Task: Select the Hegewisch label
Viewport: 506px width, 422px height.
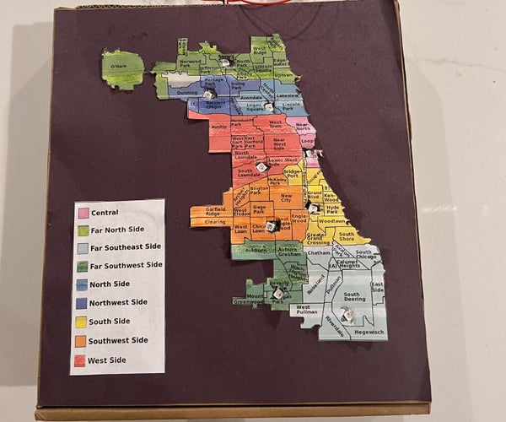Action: (x=369, y=332)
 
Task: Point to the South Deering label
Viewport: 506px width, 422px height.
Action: (x=354, y=296)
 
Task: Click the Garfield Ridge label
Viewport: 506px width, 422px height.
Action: (x=215, y=211)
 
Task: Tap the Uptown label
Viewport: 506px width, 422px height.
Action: (x=284, y=74)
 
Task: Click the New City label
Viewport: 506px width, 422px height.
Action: (x=285, y=197)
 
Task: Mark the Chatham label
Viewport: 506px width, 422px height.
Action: (x=318, y=252)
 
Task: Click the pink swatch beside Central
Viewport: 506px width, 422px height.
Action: (x=83, y=212)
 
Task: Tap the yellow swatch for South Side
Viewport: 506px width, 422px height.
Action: (x=83, y=322)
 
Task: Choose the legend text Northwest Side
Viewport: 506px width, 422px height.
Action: (x=119, y=303)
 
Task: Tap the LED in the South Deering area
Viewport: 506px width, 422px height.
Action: (x=345, y=315)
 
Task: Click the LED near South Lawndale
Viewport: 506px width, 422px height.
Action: (x=261, y=167)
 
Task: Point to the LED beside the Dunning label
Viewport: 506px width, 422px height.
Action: (x=208, y=94)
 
